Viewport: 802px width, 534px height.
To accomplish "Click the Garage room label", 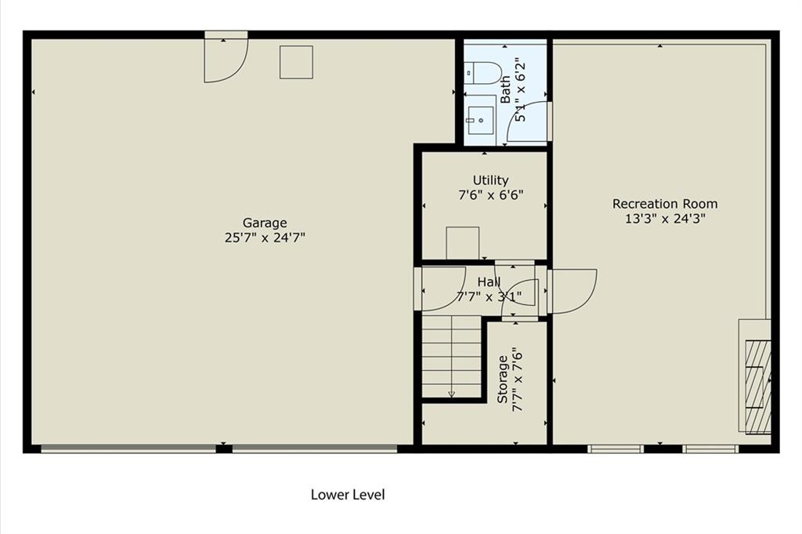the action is pos(265,223).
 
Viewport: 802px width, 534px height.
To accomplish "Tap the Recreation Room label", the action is pos(665,204).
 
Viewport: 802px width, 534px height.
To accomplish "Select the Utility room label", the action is pos(490,180).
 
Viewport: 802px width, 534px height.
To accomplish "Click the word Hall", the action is pos(489,282).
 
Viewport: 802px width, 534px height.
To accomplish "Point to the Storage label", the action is pos(503,379).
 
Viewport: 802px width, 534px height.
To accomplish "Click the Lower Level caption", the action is pos(348,495).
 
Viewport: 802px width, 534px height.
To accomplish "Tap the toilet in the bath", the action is pos(482,73).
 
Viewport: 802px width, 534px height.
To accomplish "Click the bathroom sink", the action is pos(480,120).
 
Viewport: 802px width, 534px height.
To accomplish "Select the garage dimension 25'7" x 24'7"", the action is pos(265,238).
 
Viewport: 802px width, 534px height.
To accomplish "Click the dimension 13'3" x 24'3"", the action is pos(666,219).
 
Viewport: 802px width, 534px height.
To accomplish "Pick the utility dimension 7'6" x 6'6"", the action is pos(490,195).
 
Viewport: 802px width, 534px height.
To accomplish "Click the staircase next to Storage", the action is pos(452,356).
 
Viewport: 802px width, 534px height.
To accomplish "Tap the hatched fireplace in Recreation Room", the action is pos(757,387).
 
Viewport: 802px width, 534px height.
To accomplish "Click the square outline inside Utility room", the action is pos(462,243).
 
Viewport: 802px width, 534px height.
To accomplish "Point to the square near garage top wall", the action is pos(296,62).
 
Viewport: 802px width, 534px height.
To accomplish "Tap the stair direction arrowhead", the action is pos(451,394).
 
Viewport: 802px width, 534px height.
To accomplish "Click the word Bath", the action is pos(505,89).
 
